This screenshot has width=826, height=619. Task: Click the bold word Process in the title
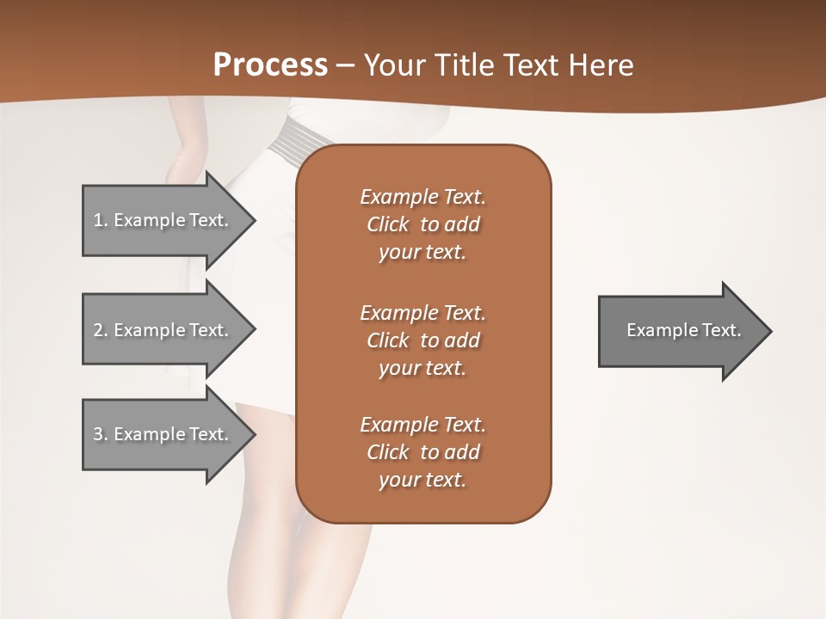(270, 65)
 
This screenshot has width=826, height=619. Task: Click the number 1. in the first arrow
(100, 220)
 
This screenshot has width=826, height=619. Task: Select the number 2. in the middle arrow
(100, 330)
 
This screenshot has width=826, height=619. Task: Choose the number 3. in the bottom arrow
(100, 434)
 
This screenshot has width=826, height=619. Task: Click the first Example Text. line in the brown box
(422, 197)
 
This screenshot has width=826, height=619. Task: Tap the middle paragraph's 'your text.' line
(422, 368)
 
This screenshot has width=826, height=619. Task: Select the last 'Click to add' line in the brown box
(422, 452)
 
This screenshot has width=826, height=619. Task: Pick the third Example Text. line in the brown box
(422, 425)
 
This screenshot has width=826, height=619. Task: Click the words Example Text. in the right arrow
(683, 330)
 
